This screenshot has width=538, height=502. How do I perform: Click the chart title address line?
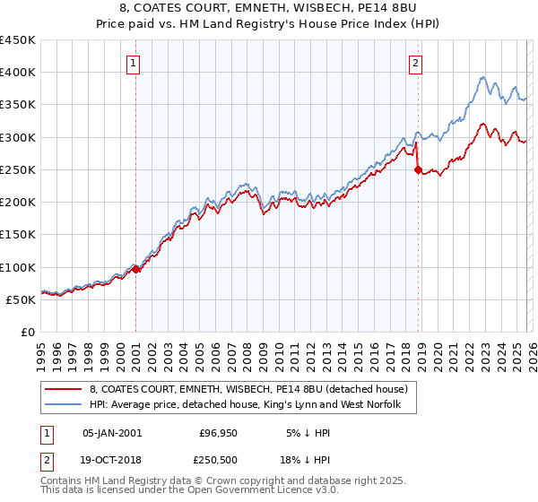coord(268,8)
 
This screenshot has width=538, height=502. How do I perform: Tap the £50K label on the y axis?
coord(21,299)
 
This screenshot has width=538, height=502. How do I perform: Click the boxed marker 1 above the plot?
coord(134,63)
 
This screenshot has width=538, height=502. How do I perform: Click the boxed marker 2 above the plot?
coord(417,63)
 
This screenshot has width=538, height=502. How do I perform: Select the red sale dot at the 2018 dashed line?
coord(418,169)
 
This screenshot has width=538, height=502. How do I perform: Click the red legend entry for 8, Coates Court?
coord(249,389)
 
